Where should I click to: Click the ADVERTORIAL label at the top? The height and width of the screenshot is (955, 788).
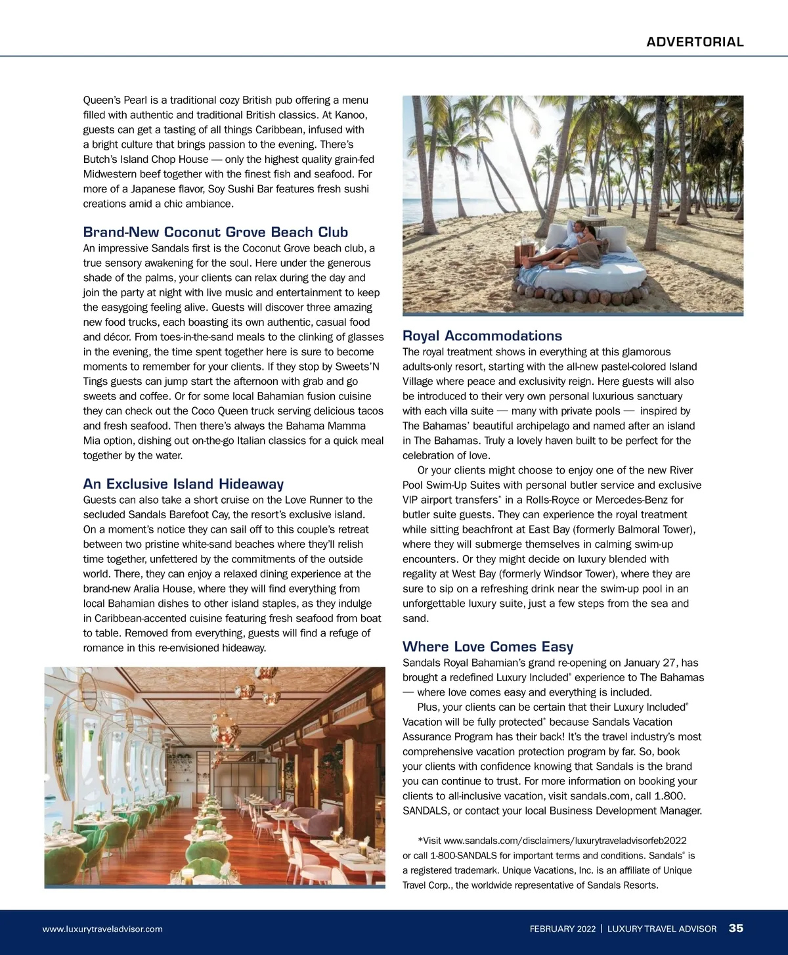695,42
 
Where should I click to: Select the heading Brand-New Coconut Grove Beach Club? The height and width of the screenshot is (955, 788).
215,232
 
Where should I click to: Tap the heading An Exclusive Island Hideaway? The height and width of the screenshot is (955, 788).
183,484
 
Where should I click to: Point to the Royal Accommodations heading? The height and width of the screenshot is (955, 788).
482,336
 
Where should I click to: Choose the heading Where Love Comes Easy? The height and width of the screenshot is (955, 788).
488,646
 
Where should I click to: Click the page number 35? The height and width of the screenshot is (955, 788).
736,928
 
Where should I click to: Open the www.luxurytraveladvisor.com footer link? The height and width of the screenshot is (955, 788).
102,929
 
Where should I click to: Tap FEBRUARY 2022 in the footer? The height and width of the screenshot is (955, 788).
563,929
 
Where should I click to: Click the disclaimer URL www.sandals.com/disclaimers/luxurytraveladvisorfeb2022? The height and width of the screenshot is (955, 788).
565,841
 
